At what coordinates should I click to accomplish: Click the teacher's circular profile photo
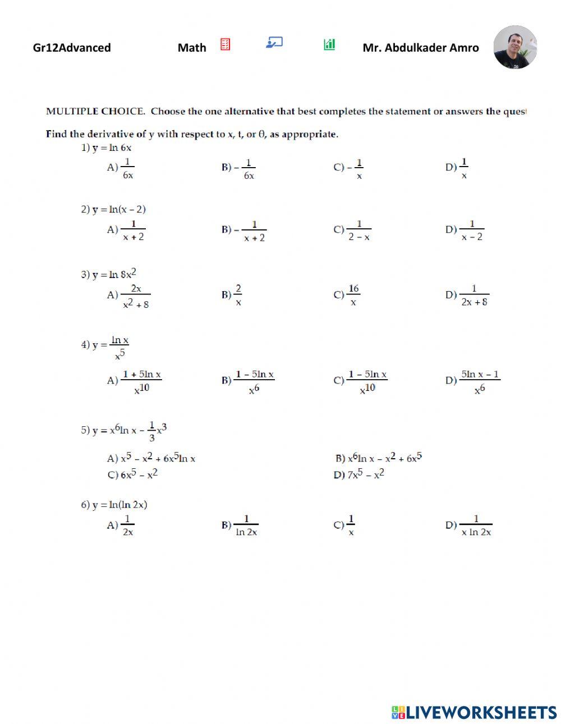(515, 47)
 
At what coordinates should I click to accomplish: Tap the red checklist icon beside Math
(225, 44)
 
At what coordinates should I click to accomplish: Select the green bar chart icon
(329, 44)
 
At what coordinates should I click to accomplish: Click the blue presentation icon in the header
(274, 43)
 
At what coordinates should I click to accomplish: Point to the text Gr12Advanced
(72, 48)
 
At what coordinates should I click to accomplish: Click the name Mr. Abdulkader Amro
(421, 48)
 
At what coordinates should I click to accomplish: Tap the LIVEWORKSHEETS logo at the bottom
(474, 712)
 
